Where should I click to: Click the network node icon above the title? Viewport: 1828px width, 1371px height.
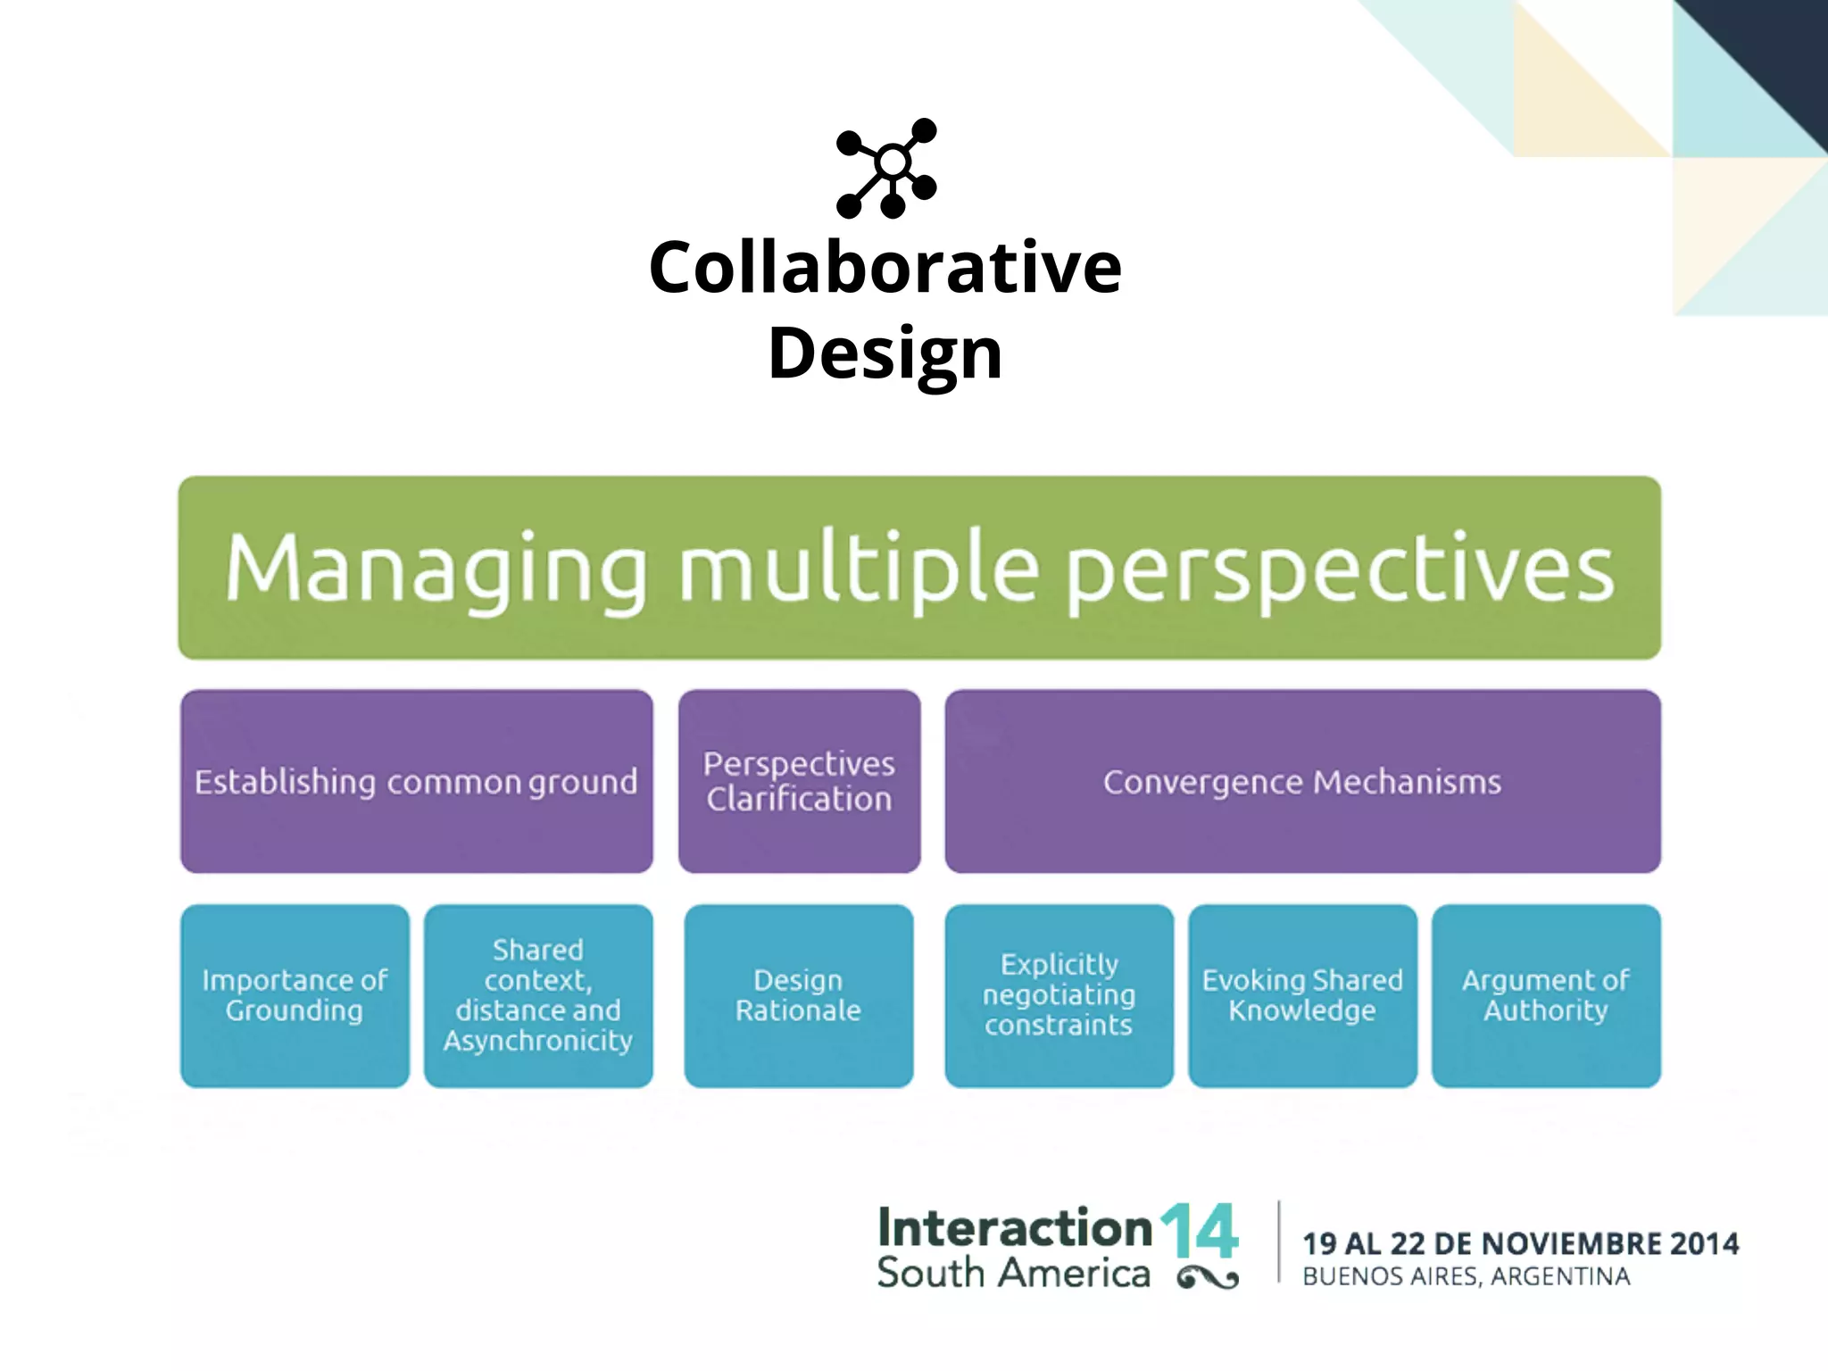[887, 168]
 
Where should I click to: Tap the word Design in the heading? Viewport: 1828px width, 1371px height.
[885, 353]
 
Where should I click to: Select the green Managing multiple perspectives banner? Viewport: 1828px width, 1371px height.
[919, 568]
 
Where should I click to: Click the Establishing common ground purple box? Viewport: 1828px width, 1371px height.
[416, 781]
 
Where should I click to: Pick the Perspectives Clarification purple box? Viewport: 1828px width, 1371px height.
[799, 781]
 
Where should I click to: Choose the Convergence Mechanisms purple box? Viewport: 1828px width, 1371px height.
[1302, 781]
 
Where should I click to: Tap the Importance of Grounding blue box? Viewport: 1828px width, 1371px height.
[295, 995]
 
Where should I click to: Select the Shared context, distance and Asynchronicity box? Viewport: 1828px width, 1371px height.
[538, 995]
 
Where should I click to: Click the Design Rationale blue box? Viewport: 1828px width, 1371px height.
[798, 995]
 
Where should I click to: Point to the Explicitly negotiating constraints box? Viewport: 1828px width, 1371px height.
[1059, 995]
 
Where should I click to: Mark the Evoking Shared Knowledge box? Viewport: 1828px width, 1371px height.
[1302, 995]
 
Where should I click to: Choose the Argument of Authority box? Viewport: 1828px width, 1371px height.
[1546, 995]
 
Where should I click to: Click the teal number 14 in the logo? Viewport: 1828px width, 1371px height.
[1200, 1232]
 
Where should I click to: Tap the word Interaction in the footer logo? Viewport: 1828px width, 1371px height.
[1015, 1228]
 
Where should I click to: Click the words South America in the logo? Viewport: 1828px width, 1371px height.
[1013, 1274]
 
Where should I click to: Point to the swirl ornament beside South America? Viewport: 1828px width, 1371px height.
[1208, 1279]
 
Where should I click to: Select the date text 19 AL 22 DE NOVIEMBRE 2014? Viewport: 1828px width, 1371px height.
[1520, 1243]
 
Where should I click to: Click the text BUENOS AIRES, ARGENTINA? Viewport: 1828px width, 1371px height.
[1466, 1277]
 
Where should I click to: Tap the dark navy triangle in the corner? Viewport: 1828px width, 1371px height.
[1776, 54]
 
